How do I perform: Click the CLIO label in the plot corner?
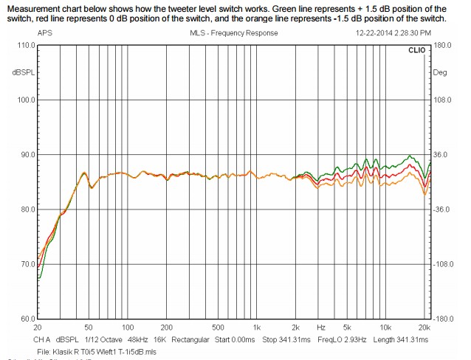(417, 51)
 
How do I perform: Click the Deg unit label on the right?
(441, 72)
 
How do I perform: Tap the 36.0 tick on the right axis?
(441, 155)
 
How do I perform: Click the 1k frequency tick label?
(256, 326)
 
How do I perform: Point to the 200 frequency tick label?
(167, 326)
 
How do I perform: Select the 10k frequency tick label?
(385, 326)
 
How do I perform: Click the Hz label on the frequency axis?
(321, 326)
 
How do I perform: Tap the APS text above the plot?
(44, 33)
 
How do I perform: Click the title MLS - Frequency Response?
(230, 33)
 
